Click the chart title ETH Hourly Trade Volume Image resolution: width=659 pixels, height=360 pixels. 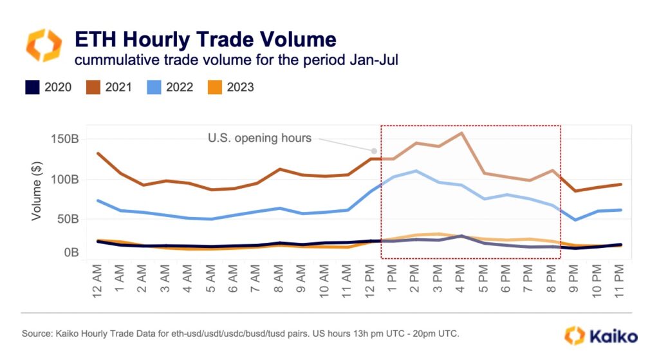pos(205,39)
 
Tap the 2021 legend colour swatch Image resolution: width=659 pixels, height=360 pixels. pos(94,87)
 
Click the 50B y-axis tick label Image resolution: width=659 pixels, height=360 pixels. pos(66,218)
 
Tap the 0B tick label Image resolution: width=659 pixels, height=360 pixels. pos(70,252)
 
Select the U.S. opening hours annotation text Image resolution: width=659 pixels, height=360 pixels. pos(259,138)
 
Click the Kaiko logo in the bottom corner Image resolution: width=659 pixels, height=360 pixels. pos(601,336)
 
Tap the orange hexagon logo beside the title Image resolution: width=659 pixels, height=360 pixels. pos(44,45)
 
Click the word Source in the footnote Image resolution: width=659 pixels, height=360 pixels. pos(38,334)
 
